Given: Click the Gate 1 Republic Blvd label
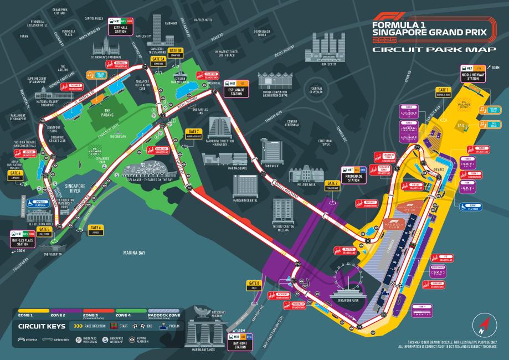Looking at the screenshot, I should [x=444, y=91].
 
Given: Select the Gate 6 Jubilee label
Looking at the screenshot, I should [x=96, y=229].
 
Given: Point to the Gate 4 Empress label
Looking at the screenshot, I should [x=15, y=175].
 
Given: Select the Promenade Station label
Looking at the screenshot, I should [x=354, y=174].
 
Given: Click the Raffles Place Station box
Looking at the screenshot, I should [x=23, y=240].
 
